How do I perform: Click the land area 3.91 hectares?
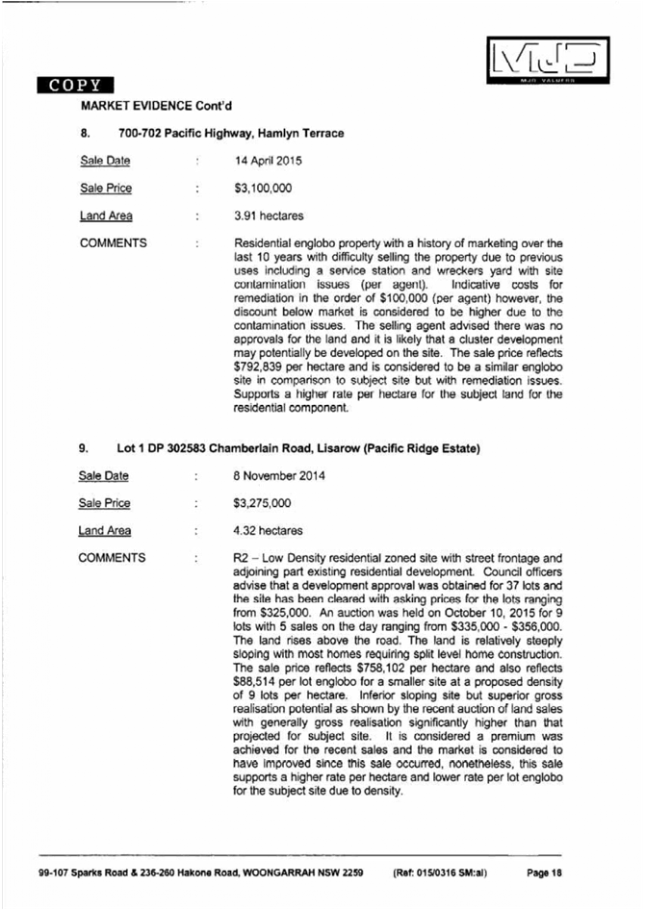269,216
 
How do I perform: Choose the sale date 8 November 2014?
279,475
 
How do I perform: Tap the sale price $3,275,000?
263,503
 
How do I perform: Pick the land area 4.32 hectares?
268,530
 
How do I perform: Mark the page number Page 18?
543,873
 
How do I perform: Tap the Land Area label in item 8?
106,216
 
